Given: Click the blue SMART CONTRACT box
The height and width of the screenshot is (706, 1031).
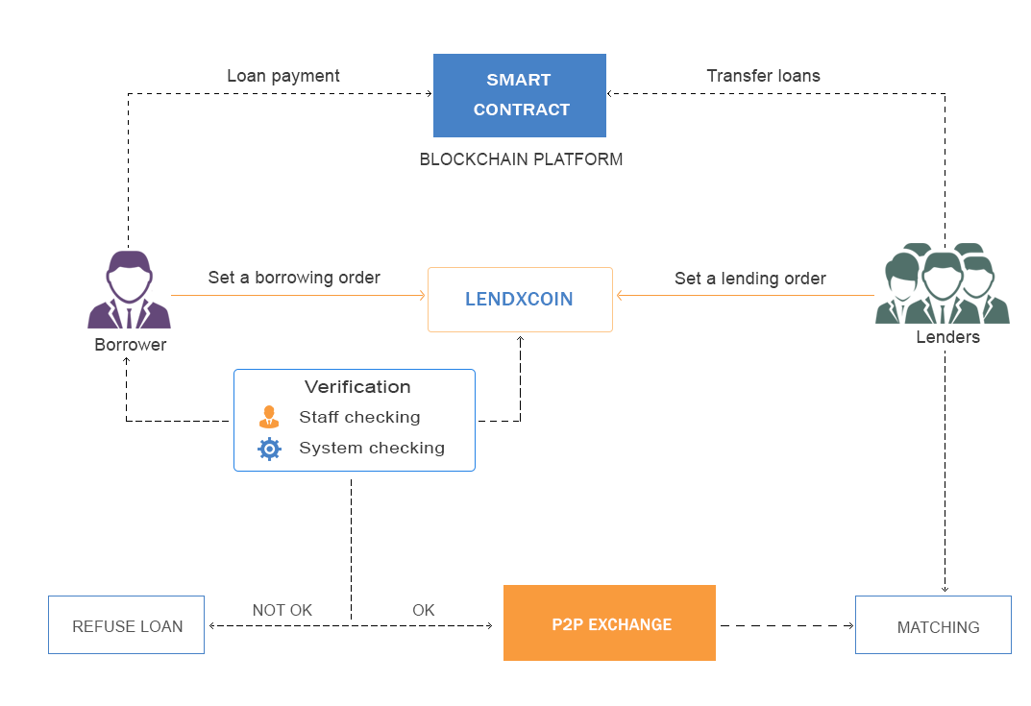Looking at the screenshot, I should (520, 95).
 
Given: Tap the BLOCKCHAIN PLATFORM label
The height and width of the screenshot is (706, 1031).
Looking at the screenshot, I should (521, 159).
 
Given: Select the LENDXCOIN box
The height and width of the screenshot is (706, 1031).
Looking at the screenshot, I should (520, 300).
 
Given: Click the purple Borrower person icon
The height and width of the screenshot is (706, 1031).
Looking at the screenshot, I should (129, 290).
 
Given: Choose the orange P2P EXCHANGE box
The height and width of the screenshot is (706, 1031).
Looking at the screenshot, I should (609, 623).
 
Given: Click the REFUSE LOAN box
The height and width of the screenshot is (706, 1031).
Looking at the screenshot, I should (127, 626).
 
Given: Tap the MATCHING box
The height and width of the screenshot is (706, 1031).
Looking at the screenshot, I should (933, 626).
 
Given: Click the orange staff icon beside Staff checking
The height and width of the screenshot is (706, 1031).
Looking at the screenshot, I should (269, 418).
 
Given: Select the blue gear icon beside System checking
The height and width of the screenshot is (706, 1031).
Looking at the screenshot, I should (270, 449).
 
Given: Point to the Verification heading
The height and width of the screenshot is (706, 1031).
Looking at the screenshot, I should (357, 387).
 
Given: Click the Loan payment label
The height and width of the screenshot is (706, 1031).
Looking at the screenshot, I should (283, 76).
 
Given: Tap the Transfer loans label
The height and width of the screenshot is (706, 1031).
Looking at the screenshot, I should (763, 76).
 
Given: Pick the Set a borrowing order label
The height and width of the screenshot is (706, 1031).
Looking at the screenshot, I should (294, 278).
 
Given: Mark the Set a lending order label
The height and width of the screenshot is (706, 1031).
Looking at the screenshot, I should (749, 279).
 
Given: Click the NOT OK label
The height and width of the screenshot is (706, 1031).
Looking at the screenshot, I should (282, 610).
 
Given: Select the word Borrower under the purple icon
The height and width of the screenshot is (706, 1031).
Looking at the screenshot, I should (130, 345).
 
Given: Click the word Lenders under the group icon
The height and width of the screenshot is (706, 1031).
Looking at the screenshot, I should (947, 337).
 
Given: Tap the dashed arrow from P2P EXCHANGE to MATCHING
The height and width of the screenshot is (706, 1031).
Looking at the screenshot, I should (785, 626).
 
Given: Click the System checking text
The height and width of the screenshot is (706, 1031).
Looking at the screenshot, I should (372, 448).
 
